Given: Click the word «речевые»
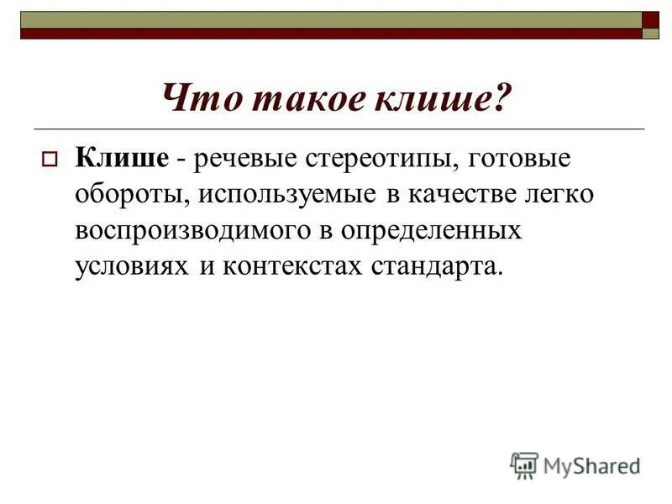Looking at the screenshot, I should [245, 158].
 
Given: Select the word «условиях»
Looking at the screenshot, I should [133, 267].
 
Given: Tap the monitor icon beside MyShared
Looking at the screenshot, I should [524, 465].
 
